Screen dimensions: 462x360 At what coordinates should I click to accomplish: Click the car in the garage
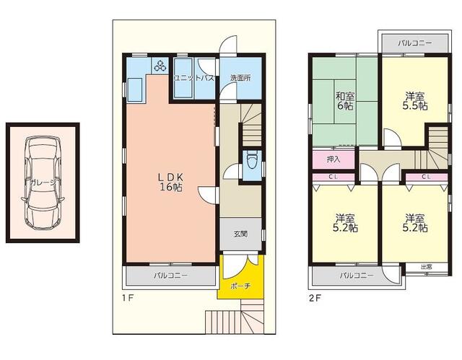43,183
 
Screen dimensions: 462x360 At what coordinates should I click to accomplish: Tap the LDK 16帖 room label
171,182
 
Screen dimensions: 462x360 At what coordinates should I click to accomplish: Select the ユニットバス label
194,78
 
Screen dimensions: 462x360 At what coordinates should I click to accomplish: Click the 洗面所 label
240,78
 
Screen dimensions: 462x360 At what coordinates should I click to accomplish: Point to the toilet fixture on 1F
252,160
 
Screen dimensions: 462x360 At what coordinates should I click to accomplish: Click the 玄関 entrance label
240,234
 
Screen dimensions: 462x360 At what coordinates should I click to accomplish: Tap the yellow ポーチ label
240,285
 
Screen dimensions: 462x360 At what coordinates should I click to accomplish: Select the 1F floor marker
128,298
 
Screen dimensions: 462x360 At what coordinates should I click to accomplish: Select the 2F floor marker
315,298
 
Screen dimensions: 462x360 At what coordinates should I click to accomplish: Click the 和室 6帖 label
345,101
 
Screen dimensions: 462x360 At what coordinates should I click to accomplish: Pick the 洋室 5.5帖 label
415,101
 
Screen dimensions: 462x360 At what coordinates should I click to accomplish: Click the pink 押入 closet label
334,159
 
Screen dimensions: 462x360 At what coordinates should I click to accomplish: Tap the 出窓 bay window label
427,267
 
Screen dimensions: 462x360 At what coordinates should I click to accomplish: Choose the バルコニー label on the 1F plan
171,276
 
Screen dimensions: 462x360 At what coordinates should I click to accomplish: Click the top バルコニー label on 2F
415,43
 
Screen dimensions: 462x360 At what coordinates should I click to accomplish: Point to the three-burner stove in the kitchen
160,66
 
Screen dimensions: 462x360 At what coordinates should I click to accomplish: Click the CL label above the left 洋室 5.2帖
334,177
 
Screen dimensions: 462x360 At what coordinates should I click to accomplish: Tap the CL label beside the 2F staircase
426,177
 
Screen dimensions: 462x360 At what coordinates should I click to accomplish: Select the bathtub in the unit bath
183,78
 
